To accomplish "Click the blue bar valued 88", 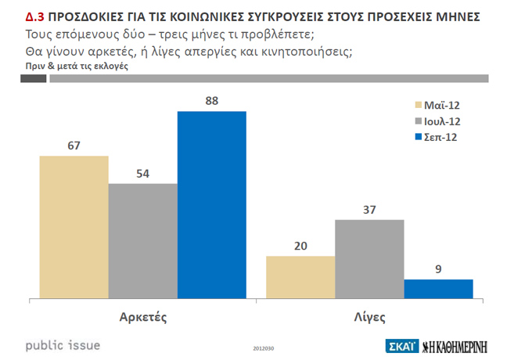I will click(x=211, y=205).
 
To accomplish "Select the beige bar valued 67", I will click(x=74, y=227).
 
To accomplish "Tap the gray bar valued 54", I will click(x=142, y=241).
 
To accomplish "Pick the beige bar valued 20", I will click(x=300, y=277).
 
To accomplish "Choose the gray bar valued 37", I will click(x=369, y=259).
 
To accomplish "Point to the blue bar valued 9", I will click(x=438, y=289).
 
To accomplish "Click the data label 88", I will click(x=211, y=101).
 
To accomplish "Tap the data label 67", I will click(x=74, y=145).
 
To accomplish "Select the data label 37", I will click(x=369, y=209).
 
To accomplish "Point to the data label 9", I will click(x=439, y=268).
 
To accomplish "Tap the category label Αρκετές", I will click(x=144, y=318).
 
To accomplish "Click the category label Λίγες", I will click(x=369, y=318).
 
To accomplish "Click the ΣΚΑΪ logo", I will click(x=402, y=346).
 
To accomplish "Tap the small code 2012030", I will click(x=263, y=348).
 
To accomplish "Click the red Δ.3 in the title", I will click(x=25, y=16).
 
